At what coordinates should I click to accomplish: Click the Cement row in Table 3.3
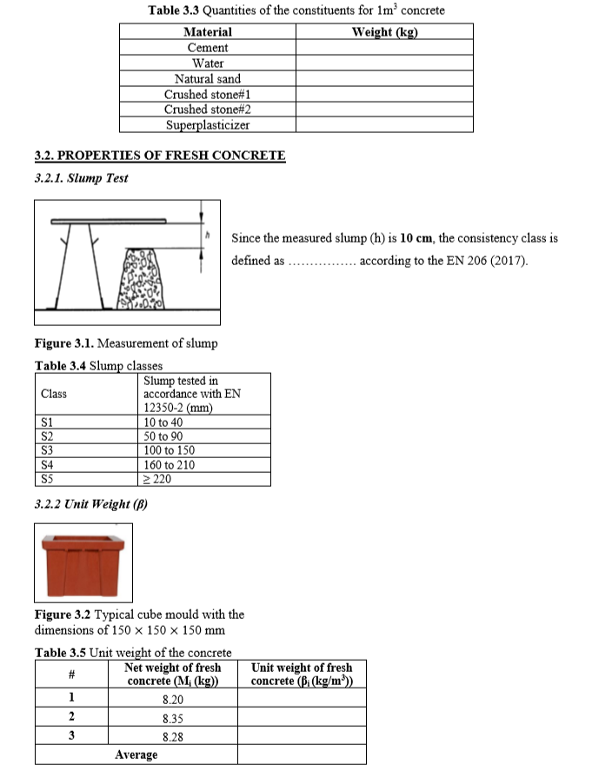pyautogui.click(x=208, y=48)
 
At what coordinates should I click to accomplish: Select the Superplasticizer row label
pyautogui.click(x=208, y=125)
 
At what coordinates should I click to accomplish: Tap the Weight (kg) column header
pyautogui.click(x=384, y=32)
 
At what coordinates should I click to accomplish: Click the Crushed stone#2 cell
pyautogui.click(x=208, y=110)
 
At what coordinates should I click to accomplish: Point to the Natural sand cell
pyautogui.click(x=208, y=79)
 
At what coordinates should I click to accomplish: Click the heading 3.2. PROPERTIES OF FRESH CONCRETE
pyautogui.click(x=159, y=156)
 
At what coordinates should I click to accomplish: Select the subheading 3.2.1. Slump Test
pyautogui.click(x=81, y=178)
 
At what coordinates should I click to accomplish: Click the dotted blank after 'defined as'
pyautogui.click(x=321, y=262)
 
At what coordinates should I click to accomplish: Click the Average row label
pyautogui.click(x=136, y=754)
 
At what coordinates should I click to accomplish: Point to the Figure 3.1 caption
pyautogui.click(x=125, y=343)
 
